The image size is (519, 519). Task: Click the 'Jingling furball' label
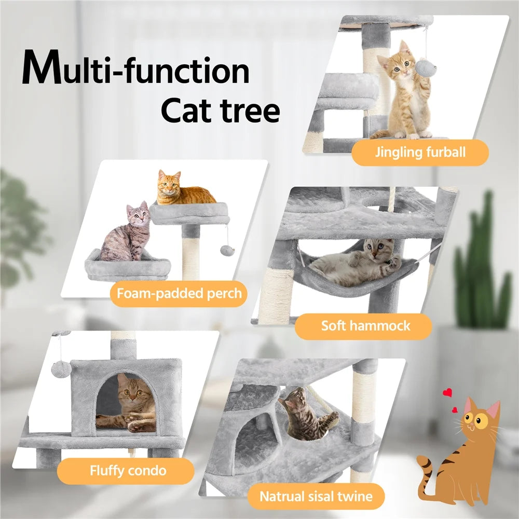[420, 153]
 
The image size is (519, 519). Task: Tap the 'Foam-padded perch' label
[179, 294]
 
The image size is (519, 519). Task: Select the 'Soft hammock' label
[365, 326]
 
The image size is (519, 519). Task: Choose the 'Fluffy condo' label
[128, 471]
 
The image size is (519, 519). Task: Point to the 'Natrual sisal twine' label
[316, 496]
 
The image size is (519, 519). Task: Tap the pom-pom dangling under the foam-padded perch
[226, 250]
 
